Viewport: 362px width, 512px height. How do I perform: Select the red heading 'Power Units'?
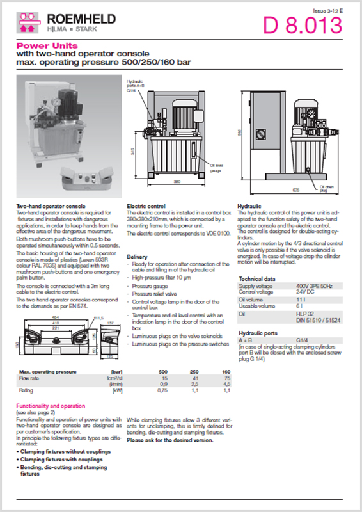[38, 46]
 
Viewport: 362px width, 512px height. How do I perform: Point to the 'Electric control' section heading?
[146, 206]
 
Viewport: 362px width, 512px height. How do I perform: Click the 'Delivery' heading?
[137, 257]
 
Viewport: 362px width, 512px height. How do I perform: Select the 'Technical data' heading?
[256, 279]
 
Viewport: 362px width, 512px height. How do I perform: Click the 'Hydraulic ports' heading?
[258, 334]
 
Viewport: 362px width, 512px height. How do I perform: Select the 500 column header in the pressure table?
[163, 371]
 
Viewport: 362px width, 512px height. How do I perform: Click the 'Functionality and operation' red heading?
[50, 406]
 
